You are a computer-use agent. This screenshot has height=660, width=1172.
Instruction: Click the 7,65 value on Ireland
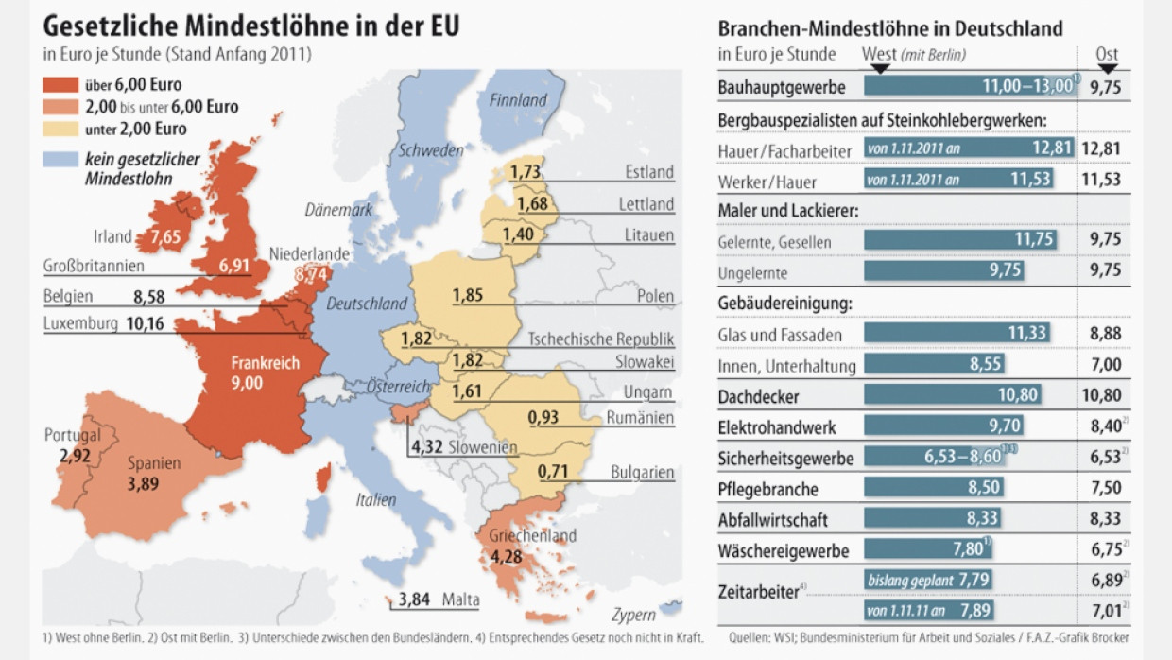pyautogui.click(x=164, y=236)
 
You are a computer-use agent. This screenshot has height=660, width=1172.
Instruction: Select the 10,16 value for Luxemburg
pyautogui.click(x=145, y=324)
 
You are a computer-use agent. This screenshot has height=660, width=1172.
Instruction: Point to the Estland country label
pyautogui.click(x=649, y=171)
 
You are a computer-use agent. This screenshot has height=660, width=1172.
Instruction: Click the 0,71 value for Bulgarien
pyautogui.click(x=553, y=471)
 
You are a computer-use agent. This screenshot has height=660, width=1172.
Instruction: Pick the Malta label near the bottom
pyautogui.click(x=460, y=599)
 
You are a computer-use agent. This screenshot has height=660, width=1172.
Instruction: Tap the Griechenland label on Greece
pyautogui.click(x=532, y=536)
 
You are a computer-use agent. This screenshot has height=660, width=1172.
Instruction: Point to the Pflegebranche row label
pyautogui.click(x=767, y=489)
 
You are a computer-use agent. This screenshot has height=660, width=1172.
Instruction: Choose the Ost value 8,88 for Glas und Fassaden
pyautogui.click(x=1105, y=334)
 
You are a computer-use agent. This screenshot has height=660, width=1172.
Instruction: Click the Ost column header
pyautogui.click(x=1107, y=55)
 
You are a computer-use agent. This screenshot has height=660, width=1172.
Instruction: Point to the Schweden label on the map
pyautogui.click(x=430, y=150)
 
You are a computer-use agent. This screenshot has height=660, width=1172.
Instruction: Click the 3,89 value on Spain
pyautogui.click(x=144, y=485)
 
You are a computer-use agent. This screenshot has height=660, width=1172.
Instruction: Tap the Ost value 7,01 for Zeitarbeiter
pyautogui.click(x=1105, y=610)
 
